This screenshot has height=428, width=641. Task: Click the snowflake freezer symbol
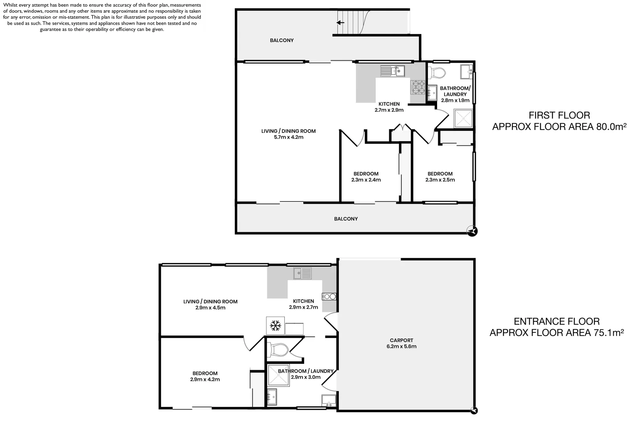pyautogui.click(x=275, y=326)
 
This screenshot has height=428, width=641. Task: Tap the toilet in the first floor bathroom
pyautogui.click(x=437, y=73)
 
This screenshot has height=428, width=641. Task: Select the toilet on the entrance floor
pyautogui.click(x=279, y=350)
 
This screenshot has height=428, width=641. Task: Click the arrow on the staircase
pyautogui.click(x=340, y=23)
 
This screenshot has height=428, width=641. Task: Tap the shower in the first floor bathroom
pyautogui.click(x=463, y=118)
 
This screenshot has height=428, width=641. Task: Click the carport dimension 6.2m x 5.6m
pyautogui.click(x=401, y=346)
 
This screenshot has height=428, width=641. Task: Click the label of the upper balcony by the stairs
pyautogui.click(x=282, y=40)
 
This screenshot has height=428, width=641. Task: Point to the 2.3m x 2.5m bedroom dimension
pyautogui.click(x=440, y=180)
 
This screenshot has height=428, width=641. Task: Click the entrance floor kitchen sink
pyautogui.click(x=303, y=273)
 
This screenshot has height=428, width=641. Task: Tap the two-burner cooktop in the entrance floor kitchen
pyautogui.click(x=329, y=296)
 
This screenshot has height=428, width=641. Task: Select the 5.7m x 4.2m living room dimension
pyautogui.click(x=288, y=138)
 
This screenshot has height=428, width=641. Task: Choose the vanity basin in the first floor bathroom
pyautogui.click(x=467, y=72)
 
